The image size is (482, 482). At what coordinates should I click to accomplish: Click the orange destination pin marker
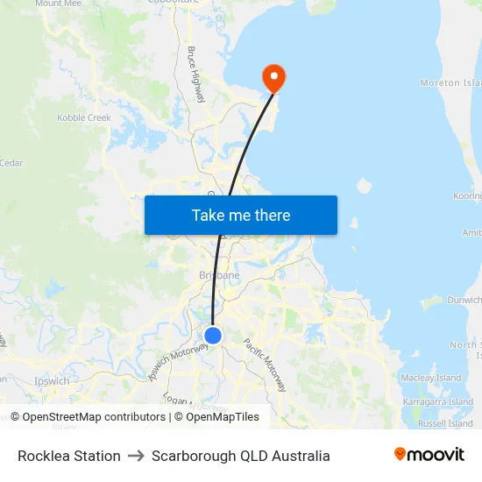coord(273,79)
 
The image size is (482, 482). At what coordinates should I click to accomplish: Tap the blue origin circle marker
coord(212,335)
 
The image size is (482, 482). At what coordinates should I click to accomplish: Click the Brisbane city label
coord(219,275)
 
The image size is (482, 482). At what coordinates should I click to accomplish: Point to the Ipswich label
coord(52,381)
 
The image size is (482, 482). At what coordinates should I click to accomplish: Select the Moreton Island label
coord(451,83)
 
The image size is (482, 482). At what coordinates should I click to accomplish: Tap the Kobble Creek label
coord(84,117)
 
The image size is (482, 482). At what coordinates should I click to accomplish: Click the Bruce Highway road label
coord(195,74)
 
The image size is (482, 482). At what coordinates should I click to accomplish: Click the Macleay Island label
coord(430,378)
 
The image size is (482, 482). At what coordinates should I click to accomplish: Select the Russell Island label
coord(445,423)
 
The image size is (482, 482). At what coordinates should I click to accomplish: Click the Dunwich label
coord(464,300)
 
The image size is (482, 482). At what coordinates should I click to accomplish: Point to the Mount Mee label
coord(59,4)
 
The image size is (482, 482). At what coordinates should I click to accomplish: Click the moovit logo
coord(429,455)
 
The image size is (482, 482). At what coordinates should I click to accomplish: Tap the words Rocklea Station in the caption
coord(69,456)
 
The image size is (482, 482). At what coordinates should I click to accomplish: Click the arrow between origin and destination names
coord(136,456)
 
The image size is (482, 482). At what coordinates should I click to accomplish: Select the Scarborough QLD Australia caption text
coord(241,456)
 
